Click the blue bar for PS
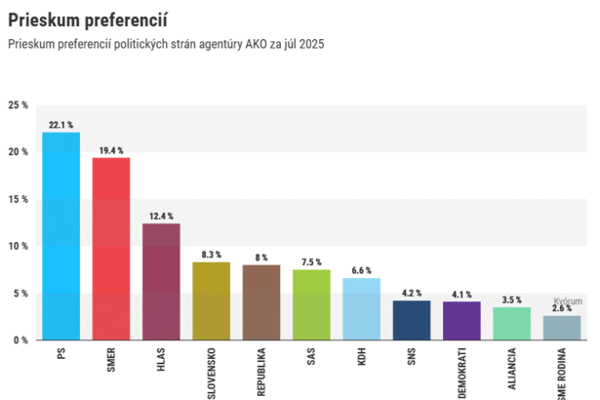click(60, 236)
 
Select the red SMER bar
click(110, 249)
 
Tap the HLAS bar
click(161, 282)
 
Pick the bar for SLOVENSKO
click(211, 300)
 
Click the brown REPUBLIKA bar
click(260, 302)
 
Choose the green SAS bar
click(311, 304)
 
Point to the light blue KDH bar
click(361, 308)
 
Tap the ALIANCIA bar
click(511, 323)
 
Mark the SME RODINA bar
click(562, 328)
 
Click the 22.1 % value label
click(60, 125)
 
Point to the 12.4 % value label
click(161, 216)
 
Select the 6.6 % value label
click(361, 270)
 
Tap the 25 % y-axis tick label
click(18, 105)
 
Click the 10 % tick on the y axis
click(18, 246)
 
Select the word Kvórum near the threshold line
click(567, 301)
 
